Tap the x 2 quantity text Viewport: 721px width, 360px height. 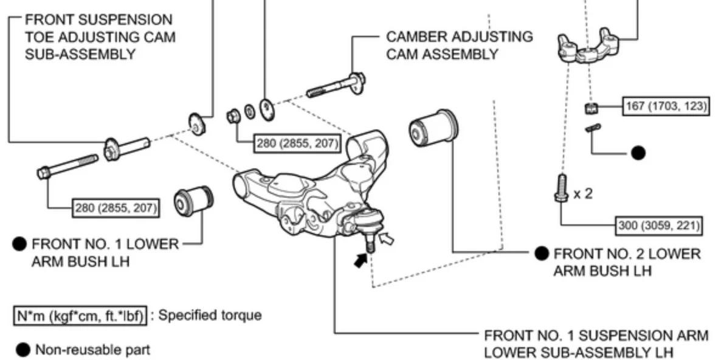tap(582, 193)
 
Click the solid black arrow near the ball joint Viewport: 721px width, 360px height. tap(361, 260)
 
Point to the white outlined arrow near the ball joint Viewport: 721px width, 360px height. tap(386, 238)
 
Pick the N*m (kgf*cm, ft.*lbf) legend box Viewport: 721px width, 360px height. tap(80, 316)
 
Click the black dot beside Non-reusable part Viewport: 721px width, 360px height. tap(23, 350)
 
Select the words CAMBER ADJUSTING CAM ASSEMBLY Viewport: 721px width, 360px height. tap(459, 45)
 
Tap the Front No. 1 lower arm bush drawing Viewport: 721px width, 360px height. tap(193, 202)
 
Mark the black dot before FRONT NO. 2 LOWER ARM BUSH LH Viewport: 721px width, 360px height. tap(542, 254)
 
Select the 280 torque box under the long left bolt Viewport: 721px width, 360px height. tap(116, 209)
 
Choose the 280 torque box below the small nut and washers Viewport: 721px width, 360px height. tap(298, 144)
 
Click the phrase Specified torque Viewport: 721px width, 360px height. tap(210, 316)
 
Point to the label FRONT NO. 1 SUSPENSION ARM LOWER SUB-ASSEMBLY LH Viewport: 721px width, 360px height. tap(596, 344)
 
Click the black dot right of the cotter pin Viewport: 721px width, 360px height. tap(638, 153)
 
